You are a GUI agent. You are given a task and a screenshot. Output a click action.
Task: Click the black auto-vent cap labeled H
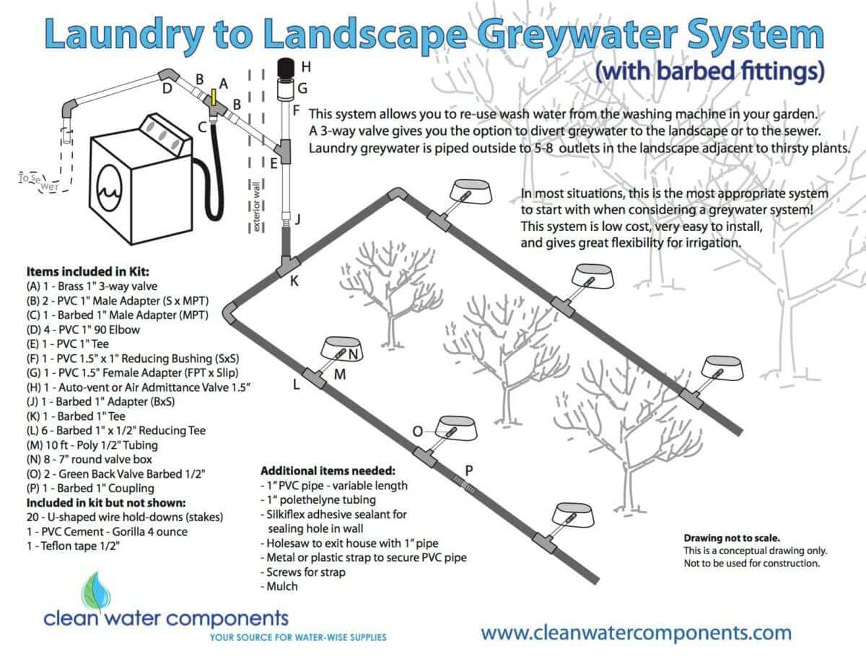[x=289, y=69]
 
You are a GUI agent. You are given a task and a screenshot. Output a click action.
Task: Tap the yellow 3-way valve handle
[x=214, y=97]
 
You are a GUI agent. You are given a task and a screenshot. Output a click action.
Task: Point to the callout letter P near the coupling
[x=468, y=471]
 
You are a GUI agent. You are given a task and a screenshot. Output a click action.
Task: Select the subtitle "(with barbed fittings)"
[x=708, y=72]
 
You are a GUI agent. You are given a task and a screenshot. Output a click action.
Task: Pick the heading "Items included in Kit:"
[x=88, y=272]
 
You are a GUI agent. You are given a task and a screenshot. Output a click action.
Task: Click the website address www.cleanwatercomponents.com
[x=636, y=633]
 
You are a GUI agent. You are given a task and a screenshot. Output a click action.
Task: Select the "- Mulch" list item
[x=279, y=586]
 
